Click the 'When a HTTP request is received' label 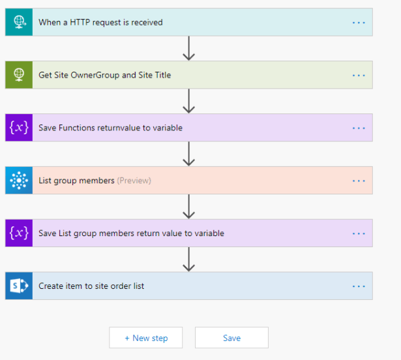point(100,22)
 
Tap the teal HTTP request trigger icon point(19,22)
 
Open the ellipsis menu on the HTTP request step point(359,22)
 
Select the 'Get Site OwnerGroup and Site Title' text point(104,75)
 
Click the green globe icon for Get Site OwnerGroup point(19,75)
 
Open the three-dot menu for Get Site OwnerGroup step point(359,75)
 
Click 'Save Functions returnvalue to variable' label point(110,128)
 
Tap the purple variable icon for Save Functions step point(19,128)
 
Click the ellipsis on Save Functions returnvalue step point(359,128)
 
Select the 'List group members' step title point(76,181)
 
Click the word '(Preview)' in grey point(134,181)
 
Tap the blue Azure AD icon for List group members point(19,181)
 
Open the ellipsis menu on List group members point(359,181)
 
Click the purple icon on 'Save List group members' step point(19,233)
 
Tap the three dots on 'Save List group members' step point(359,233)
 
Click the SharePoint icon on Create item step point(19,286)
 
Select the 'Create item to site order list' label point(91,286)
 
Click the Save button point(231,338)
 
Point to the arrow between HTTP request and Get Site point(188,49)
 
